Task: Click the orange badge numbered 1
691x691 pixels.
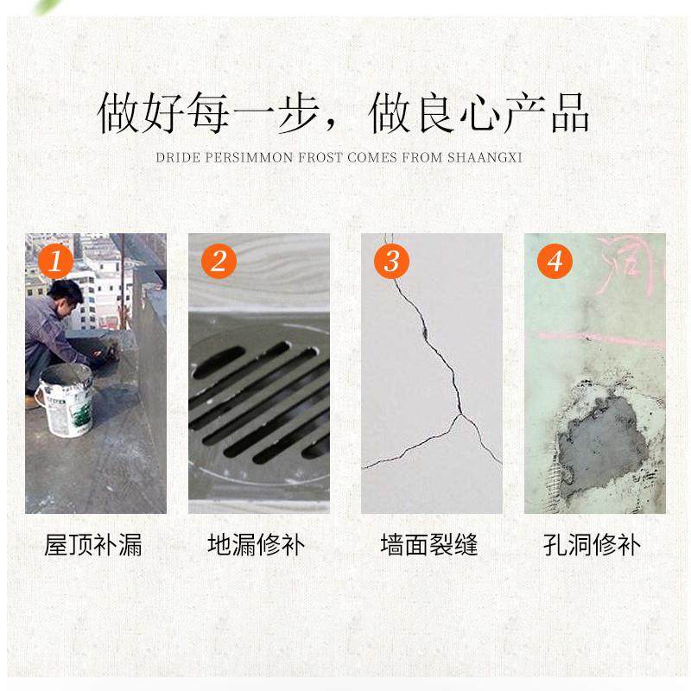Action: [55, 260]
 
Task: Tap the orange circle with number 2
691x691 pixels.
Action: [218, 260]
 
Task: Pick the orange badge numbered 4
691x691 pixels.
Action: [555, 260]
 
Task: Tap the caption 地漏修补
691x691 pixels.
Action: [257, 546]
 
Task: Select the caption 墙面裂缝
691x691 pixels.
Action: [429, 546]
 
